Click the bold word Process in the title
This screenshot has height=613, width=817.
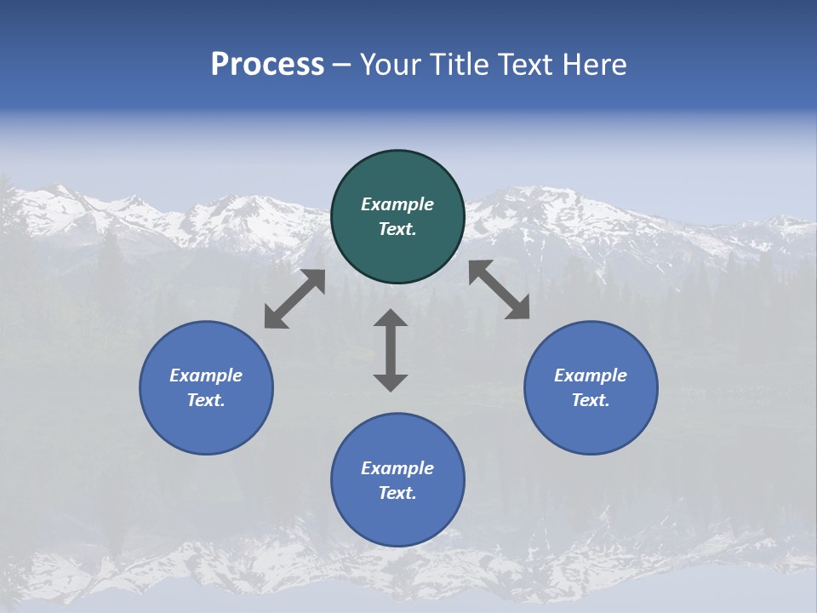click(x=267, y=65)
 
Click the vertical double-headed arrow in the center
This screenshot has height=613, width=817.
click(x=391, y=350)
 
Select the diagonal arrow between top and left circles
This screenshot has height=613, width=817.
click(x=294, y=299)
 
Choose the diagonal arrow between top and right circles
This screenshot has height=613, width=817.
click(x=499, y=289)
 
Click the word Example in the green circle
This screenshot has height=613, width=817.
click(x=397, y=204)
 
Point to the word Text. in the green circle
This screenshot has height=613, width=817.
click(x=397, y=229)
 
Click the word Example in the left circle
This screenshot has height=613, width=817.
click(x=206, y=375)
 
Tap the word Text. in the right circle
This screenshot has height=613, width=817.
click(x=591, y=400)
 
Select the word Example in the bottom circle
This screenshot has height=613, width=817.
click(x=397, y=468)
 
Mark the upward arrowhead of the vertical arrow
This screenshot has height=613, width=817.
click(x=391, y=318)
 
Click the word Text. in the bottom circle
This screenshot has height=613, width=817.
click(x=397, y=493)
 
